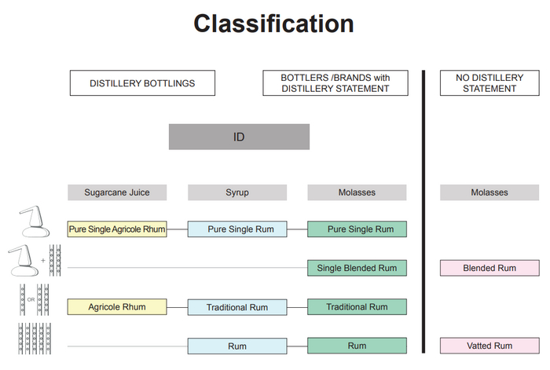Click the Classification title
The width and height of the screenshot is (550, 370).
point(273,24)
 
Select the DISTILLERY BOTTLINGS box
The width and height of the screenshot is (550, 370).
point(141,83)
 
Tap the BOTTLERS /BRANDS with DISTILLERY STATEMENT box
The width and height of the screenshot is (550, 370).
point(335,83)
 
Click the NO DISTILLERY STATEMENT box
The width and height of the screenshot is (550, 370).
point(489,83)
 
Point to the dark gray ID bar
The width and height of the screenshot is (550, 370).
point(239,137)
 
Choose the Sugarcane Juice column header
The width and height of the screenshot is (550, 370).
point(117,192)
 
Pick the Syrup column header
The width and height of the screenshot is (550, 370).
point(236,192)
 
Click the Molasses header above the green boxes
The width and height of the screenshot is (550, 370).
point(357,192)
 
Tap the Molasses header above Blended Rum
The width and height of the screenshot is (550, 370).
point(489,192)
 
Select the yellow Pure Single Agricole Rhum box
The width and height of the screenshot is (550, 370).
point(117,229)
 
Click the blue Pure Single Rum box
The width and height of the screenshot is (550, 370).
point(236,229)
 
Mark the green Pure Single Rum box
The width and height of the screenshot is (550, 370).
point(357,229)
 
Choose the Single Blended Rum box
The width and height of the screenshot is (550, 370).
point(357,268)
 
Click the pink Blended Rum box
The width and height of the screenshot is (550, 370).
point(489,268)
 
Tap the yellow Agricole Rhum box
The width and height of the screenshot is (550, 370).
point(117,306)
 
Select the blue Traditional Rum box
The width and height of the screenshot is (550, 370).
point(236,306)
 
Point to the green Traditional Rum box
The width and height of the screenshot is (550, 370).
point(357,306)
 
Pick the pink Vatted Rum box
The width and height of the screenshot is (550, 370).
point(489,345)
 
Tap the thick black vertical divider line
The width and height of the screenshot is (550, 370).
point(423,212)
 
